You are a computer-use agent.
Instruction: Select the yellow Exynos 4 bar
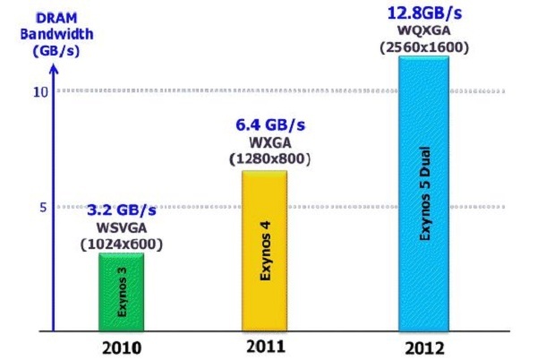click(x=265, y=251)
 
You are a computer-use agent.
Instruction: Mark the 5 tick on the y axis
click(x=39, y=208)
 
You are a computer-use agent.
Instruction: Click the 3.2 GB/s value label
click(x=121, y=211)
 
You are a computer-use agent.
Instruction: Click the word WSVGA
click(x=122, y=227)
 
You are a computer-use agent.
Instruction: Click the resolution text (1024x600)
click(x=123, y=242)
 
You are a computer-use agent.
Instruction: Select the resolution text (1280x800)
click(x=267, y=159)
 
